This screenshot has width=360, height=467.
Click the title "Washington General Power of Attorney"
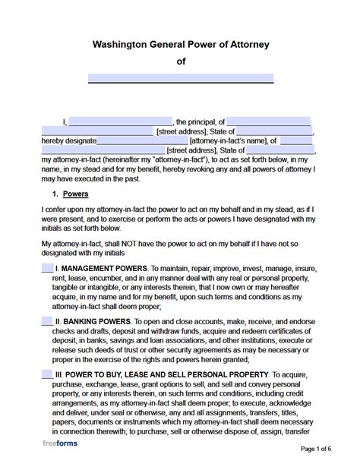pos(180,45)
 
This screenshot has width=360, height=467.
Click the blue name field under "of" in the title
pos(180,77)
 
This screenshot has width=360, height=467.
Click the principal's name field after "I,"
pos(121,121)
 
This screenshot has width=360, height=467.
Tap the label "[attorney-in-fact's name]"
pos(227,140)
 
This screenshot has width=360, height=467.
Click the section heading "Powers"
pos(76,194)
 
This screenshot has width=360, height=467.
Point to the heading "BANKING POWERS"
pos(99,323)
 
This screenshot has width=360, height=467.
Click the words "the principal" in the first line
pos(195,121)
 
